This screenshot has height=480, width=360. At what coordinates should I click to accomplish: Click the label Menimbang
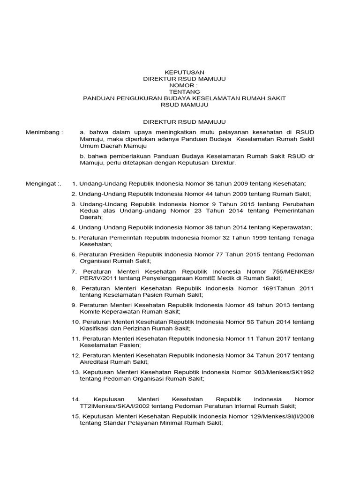44,132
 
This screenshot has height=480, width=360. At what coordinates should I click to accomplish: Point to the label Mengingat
43,183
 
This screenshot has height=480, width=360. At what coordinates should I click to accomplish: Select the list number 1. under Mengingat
74,183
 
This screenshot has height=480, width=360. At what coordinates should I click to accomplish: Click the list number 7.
74,271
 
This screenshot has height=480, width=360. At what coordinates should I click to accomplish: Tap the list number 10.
76,322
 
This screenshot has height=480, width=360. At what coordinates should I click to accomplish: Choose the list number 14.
76,399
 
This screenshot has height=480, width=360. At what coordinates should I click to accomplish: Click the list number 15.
76,416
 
